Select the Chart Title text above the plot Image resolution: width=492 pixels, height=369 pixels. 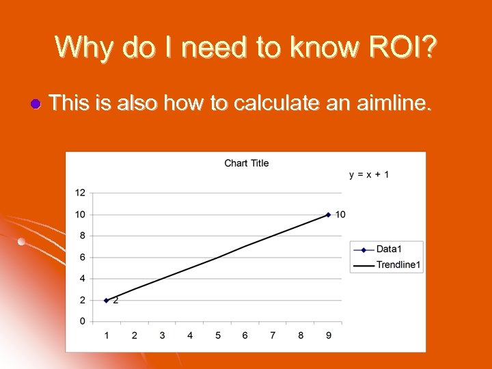pos(247,163)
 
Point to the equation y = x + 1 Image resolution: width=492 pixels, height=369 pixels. pos(369,175)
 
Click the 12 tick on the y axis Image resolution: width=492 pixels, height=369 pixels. pos(80,192)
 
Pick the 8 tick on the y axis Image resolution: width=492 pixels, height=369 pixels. pos(83,236)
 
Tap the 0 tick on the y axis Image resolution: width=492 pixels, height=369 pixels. pos(83,321)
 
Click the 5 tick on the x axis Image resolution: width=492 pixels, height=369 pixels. pos(218,336)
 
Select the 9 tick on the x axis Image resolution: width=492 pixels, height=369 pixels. pos(329,336)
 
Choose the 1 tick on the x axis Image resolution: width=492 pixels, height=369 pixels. pos(106,336)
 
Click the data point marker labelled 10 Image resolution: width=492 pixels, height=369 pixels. pos(328,215)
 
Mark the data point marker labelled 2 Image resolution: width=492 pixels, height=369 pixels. pos(106,300)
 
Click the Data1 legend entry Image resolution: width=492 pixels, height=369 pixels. pos(387,249)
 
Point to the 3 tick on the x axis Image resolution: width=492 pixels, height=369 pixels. pos(162,336)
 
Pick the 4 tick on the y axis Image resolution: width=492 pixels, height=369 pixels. pos(83,279)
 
